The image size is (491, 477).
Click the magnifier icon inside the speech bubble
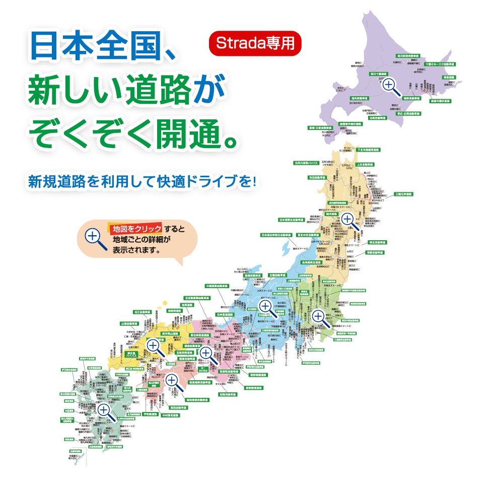point(96,239)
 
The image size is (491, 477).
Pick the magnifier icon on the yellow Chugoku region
point(154,347)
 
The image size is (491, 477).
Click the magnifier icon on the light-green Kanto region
point(319,317)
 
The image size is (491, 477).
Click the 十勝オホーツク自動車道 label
point(439,64)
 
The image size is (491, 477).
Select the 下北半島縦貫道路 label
point(369,150)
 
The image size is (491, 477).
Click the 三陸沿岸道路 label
point(403,194)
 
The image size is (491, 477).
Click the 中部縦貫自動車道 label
point(220,286)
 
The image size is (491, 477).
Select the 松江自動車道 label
point(143,312)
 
